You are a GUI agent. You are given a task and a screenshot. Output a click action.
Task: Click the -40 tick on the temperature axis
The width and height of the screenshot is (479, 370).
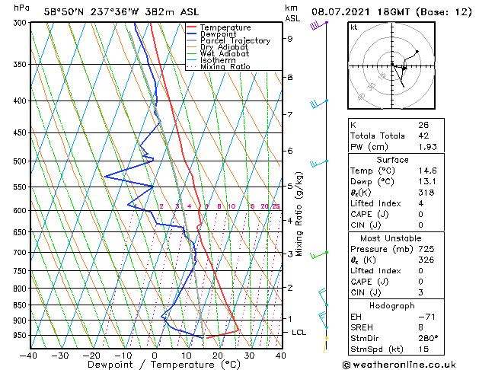pos(28,355)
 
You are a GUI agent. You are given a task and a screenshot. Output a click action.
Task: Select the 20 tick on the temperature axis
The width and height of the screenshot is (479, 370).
pos(218,355)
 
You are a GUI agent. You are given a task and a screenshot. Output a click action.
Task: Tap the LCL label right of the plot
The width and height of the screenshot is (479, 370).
pos(299,333)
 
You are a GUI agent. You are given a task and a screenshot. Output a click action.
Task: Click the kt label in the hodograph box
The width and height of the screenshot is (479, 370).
pos(354,27)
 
